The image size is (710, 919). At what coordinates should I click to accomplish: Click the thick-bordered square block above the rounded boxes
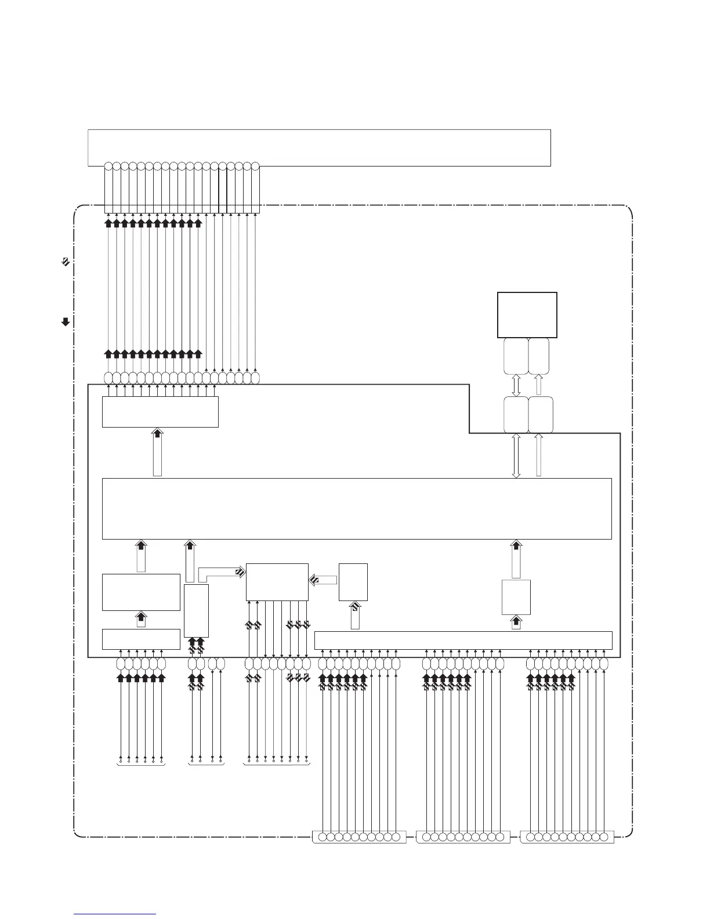point(527,314)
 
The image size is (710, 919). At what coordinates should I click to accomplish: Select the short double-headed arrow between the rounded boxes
point(516,385)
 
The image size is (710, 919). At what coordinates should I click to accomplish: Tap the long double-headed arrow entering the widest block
point(516,455)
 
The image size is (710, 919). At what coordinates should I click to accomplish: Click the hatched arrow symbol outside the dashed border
point(66,262)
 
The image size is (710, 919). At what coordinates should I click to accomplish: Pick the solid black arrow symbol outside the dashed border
point(66,321)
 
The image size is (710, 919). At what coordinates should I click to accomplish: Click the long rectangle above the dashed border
point(318,147)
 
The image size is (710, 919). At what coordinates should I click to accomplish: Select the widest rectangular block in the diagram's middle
point(357,508)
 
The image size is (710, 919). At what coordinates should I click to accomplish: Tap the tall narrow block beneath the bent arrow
point(196,610)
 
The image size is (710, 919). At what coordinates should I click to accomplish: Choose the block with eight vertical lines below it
point(277,581)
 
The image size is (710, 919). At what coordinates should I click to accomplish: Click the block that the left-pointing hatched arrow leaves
point(353,581)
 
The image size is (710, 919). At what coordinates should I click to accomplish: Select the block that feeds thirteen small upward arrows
point(160,411)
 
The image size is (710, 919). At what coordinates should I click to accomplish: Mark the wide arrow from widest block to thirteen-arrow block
point(157,453)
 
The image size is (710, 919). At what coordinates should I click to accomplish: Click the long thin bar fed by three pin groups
point(463,640)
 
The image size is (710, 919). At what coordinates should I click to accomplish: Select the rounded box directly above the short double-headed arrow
point(516,356)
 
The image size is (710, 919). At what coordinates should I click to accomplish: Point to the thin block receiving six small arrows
point(141,639)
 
